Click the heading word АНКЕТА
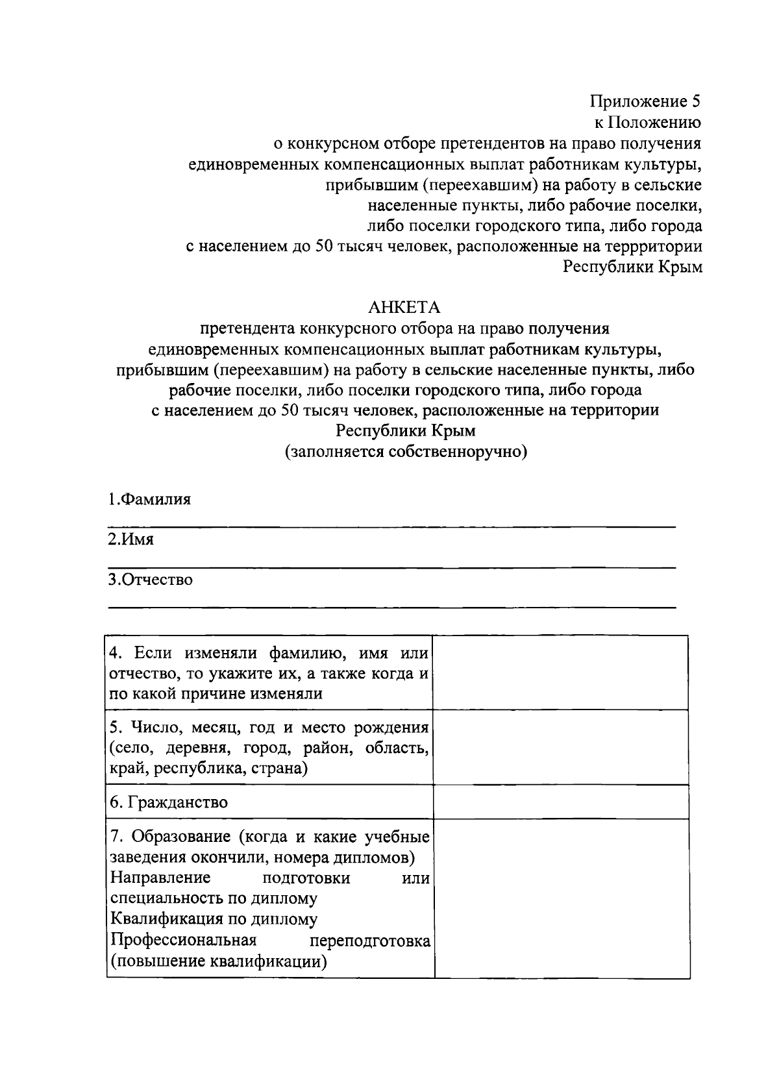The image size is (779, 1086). coord(404,306)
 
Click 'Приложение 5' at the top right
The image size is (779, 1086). coord(645,101)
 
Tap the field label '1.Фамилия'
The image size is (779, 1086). coord(149,500)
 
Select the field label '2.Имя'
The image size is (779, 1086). coord(130,539)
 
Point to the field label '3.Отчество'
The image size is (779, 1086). coord(150,579)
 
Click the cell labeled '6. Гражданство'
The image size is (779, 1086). coord(169,802)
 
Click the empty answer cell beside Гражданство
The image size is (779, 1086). coord(560,802)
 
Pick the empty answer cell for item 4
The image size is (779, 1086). coord(560,673)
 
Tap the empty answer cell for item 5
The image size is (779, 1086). coord(560,747)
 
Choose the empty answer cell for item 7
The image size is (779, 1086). coord(560,898)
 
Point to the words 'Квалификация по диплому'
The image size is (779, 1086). coord(214,919)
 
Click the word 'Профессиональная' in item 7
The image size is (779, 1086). coord(184,940)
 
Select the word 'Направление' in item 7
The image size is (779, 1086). coord(160,878)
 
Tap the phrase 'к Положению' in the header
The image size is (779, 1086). coord(648,122)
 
